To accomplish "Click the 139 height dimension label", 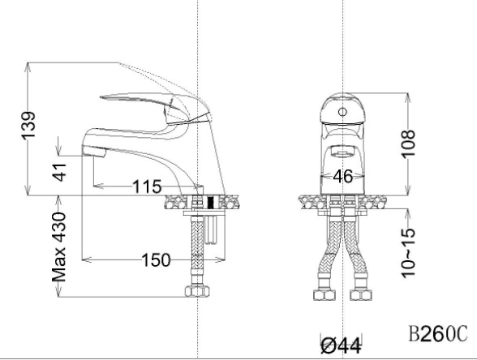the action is (28, 126).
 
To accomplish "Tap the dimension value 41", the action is (58, 172).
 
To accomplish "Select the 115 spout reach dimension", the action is (147, 186).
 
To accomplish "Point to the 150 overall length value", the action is (156, 260).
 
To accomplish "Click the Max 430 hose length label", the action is (58, 247).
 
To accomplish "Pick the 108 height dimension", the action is (408, 144).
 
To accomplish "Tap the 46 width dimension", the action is (343, 176).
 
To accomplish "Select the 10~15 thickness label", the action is (408, 253).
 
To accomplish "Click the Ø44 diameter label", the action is (342, 345).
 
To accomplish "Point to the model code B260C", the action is (437, 333).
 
